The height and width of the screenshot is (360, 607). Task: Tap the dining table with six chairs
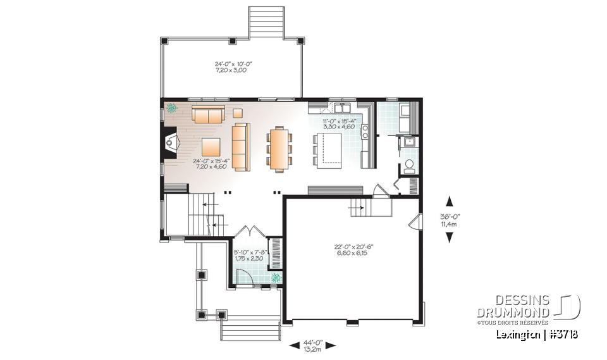click(279, 149)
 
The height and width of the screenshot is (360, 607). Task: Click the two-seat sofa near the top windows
click(208, 115)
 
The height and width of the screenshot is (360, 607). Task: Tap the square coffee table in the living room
click(211, 147)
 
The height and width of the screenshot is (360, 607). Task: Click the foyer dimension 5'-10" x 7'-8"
click(250, 256)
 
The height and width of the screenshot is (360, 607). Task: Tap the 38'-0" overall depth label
click(450, 219)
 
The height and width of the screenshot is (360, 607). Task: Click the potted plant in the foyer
click(275, 277)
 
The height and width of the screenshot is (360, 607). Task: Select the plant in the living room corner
click(171, 108)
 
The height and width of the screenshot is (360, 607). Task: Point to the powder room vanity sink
click(408, 142)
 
